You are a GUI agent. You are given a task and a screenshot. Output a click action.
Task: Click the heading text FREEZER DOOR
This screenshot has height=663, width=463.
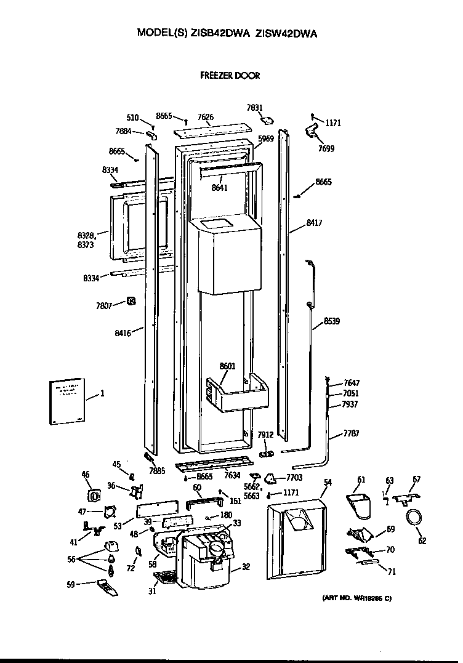coord(230,76)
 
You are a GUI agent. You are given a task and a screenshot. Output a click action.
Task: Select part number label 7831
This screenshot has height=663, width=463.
coord(256,108)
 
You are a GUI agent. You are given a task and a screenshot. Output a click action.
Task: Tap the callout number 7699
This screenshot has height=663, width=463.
coord(326,148)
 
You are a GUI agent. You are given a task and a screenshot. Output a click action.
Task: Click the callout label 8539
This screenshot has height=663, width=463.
coord(331,321)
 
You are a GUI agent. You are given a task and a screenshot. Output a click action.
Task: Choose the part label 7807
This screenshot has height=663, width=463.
coord(105,305)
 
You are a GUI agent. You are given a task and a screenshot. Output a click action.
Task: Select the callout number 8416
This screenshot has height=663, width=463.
coord(123,333)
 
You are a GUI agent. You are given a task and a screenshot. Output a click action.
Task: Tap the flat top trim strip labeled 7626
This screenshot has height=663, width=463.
coord(212,130)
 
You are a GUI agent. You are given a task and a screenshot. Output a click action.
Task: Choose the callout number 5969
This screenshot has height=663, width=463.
coord(265,139)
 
